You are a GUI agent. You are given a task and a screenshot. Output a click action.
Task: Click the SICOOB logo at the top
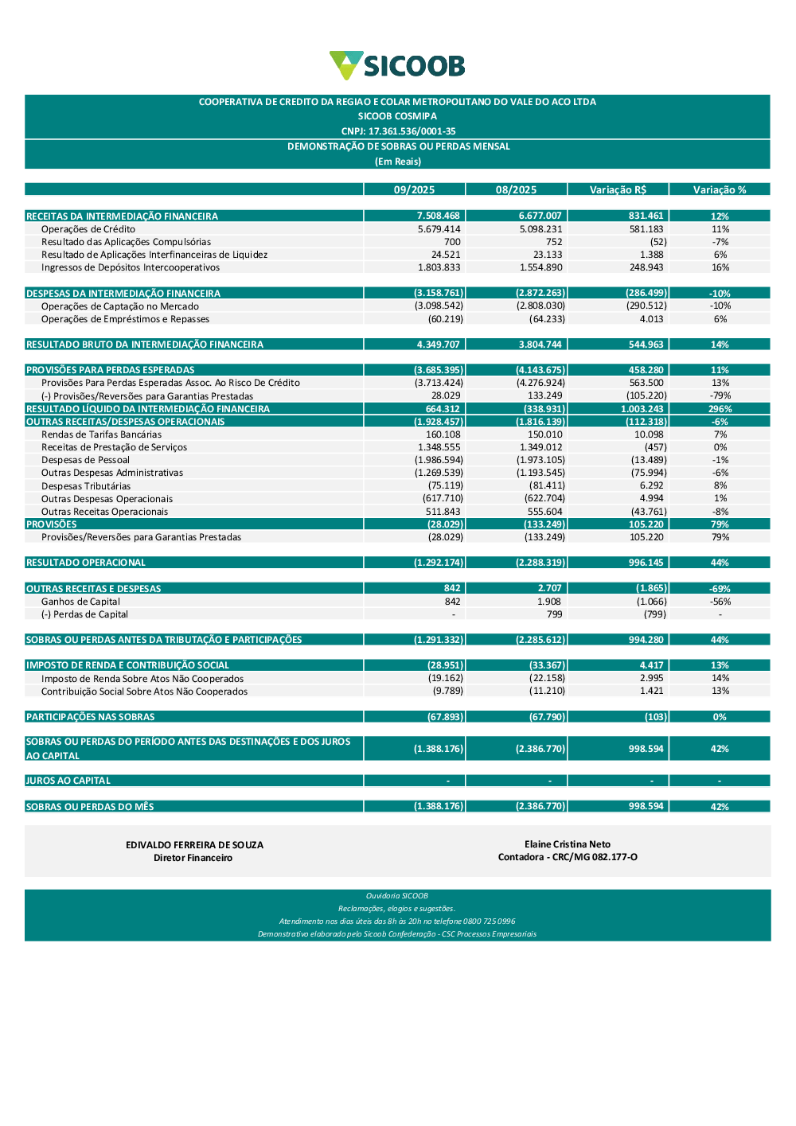tap(397, 65)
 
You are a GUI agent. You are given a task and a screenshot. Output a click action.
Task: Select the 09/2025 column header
tap(414, 189)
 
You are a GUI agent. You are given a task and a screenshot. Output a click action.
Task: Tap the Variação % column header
tap(720, 189)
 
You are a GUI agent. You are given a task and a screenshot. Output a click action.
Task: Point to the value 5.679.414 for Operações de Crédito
tap(439, 229)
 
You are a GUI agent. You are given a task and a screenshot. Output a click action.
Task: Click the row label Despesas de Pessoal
tap(85, 460)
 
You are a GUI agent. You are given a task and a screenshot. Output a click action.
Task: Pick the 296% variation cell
tap(720, 409)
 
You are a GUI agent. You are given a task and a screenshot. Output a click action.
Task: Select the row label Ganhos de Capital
tap(80, 602)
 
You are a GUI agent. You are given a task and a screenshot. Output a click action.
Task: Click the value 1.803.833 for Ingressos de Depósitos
tap(439, 267)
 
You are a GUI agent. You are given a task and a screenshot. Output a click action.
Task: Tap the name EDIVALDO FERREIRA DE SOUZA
tap(194, 845)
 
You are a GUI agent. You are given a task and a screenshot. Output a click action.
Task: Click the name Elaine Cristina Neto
tap(568, 844)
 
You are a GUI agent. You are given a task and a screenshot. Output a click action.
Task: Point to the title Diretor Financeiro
tap(193, 858)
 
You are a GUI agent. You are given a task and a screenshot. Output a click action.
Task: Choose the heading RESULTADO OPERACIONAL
tap(86, 563)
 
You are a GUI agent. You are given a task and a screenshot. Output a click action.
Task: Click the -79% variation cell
tap(720, 396)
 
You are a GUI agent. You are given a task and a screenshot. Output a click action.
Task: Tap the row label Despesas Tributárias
tap(86, 486)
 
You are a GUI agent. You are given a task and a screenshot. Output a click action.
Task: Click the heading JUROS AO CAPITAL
tap(68, 781)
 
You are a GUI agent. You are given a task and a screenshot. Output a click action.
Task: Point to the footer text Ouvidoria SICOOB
tap(397, 896)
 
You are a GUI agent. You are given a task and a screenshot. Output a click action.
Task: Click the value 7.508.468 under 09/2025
tap(438, 216)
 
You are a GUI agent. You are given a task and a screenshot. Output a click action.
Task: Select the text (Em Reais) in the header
tap(397, 162)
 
